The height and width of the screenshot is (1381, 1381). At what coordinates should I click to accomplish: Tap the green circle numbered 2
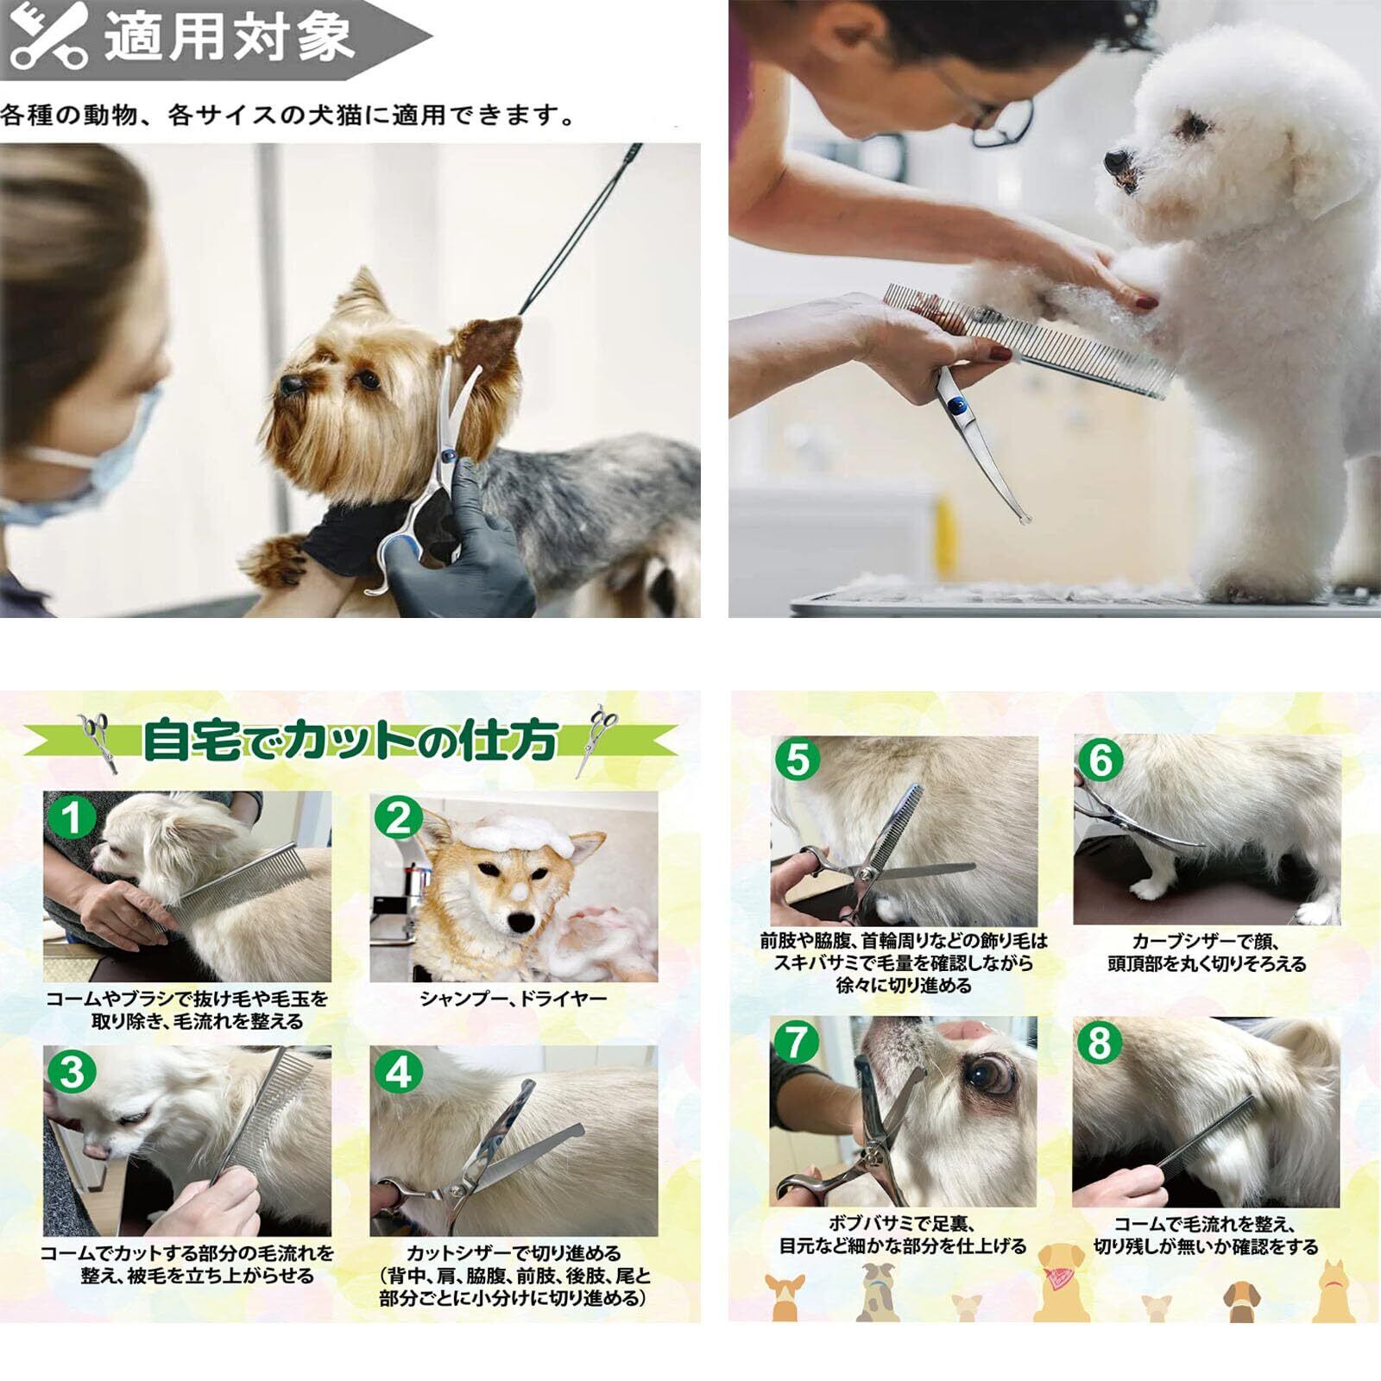[398, 817]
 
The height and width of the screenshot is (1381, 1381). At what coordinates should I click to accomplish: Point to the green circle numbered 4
[398, 1071]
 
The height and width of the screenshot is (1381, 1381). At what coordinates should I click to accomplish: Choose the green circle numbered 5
[798, 760]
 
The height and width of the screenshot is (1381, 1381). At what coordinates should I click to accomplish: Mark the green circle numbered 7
[796, 1041]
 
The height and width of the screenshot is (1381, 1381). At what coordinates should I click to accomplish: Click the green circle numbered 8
[1099, 1042]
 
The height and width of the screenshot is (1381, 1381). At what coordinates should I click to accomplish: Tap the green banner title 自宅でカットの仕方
[350, 741]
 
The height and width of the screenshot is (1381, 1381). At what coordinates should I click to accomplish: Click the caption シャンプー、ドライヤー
[514, 999]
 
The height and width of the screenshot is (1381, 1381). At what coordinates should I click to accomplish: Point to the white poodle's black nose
[1115, 160]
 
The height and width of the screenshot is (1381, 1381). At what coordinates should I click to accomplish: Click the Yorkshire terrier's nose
[290, 384]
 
